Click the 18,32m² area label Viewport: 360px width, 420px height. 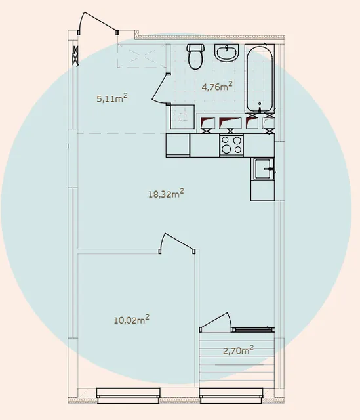[x=166, y=193]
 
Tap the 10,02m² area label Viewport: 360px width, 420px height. [x=132, y=320]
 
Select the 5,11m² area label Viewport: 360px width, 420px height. [x=112, y=98]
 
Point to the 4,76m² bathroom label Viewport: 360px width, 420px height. [x=217, y=86]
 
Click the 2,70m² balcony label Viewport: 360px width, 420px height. [x=238, y=350]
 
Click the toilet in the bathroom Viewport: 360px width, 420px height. [x=196, y=56]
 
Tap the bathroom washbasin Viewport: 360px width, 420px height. [x=226, y=53]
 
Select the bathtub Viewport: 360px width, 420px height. [x=260, y=79]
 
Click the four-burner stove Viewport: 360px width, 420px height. [x=231, y=145]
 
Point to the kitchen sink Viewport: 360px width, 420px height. [x=263, y=169]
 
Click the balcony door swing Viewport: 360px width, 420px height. [x=214, y=320]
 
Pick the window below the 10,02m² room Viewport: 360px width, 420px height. [x=129, y=395]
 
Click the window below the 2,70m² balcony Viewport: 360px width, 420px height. [x=231, y=395]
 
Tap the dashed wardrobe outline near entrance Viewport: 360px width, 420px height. [x=142, y=56]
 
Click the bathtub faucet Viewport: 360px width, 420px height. [x=260, y=107]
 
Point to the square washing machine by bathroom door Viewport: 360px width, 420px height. [x=182, y=117]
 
